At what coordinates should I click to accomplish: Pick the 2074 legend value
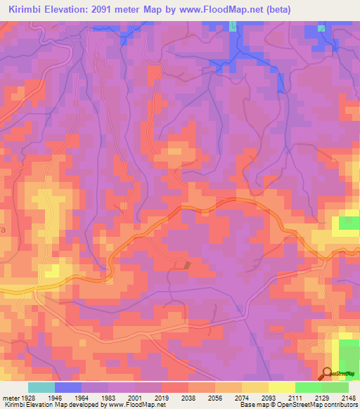[x=242, y=397]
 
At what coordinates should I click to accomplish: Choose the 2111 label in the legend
[x=295, y=397]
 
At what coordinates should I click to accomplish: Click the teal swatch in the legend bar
[x=41, y=387]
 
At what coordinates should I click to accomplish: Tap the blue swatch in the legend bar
[x=68, y=387]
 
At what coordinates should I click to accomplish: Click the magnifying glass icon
[x=326, y=374]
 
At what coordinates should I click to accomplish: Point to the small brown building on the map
[x=187, y=264]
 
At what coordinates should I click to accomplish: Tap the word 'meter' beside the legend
[x=10, y=397]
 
